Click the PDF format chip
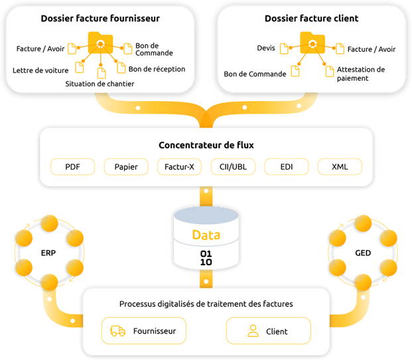click(72, 166)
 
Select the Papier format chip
click(126, 166)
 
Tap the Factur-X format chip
click(179, 166)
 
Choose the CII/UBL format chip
click(232, 166)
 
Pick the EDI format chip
click(286, 166)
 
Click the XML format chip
click(340, 166)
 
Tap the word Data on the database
click(206, 235)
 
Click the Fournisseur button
click(144, 330)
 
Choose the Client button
click(268, 330)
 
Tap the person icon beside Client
click(252, 330)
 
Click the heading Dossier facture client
click(312, 19)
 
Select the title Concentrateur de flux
click(206, 145)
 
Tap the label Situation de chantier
click(100, 84)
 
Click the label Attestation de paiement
click(360, 74)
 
